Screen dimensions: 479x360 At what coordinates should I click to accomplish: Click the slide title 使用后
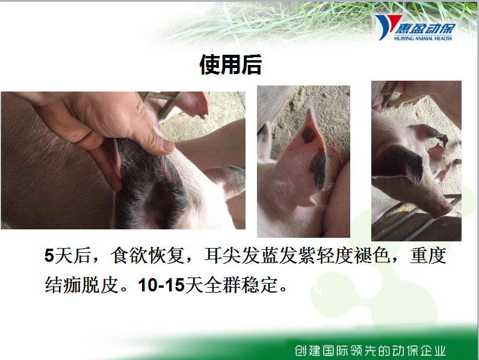pos(230,64)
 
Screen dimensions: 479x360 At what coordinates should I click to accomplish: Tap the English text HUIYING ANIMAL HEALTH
pos(423,38)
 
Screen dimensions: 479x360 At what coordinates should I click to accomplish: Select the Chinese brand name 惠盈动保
pos(425,28)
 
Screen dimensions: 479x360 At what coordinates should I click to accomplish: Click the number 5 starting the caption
pos(49,255)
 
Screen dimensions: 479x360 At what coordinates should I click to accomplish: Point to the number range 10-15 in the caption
pos(161,285)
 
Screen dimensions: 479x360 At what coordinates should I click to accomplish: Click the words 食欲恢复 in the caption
pos(147,255)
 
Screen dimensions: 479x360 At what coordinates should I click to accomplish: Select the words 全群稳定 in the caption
pos(241,285)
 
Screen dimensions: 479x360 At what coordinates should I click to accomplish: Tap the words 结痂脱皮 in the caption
pos(82,285)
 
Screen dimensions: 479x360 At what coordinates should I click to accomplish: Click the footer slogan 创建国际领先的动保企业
pos(370,350)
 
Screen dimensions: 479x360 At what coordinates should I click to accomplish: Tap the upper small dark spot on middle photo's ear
pos(309,135)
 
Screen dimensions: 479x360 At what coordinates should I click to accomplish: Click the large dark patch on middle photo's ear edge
pos(318,170)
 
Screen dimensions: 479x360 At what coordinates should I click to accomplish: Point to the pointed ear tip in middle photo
pos(310,110)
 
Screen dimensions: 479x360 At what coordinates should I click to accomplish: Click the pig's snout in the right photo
pos(444,210)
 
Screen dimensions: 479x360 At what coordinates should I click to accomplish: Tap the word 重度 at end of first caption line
pos(428,255)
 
